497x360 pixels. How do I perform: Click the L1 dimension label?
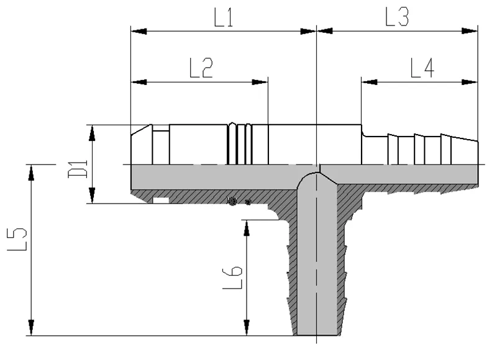224,17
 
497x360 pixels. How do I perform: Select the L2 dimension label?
201,68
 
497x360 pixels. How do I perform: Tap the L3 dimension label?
397,17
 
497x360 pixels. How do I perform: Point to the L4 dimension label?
422,68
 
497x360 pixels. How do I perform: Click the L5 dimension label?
17,239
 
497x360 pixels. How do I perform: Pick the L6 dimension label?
232,277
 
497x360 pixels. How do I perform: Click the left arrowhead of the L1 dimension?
139,31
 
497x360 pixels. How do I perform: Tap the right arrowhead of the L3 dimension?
470,31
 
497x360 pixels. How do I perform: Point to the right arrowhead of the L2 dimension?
260,83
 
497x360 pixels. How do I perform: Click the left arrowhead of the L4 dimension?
369,83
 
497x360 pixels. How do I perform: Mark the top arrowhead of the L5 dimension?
31,173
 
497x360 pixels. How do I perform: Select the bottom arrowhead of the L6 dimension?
246,327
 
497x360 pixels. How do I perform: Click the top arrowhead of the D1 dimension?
92,133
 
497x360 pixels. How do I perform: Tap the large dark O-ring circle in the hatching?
232,201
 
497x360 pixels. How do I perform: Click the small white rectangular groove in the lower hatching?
161,200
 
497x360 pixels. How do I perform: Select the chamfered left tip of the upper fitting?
142,130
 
